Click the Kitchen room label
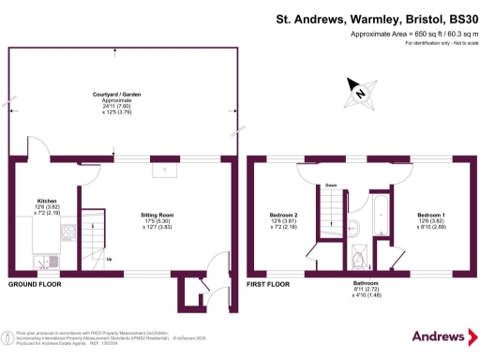pos(47,201)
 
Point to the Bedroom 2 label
pos(283,215)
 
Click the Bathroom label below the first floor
pos(366,282)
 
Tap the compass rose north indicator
pos(358,92)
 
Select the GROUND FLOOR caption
pos(37,283)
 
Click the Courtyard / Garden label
pos(118,96)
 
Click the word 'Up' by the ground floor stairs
pos(110,259)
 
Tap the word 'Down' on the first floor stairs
pos(331,186)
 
